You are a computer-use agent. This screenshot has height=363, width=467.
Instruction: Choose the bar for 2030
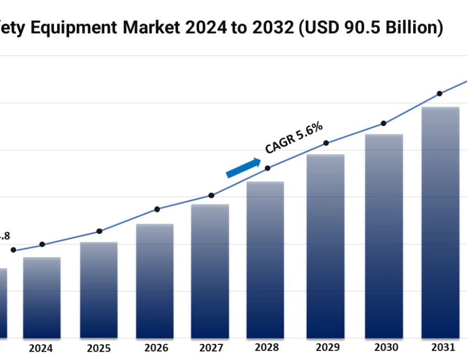(383, 236)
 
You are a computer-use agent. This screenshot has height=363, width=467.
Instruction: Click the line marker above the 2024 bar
(42, 244)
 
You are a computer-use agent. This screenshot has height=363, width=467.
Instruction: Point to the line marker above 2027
(211, 196)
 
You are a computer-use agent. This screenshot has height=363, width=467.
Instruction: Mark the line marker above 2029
(326, 143)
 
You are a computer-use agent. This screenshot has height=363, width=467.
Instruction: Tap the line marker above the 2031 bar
(439, 94)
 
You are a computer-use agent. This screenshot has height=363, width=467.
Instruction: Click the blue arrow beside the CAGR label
(243, 168)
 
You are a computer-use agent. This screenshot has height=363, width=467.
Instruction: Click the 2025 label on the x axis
(98, 348)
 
